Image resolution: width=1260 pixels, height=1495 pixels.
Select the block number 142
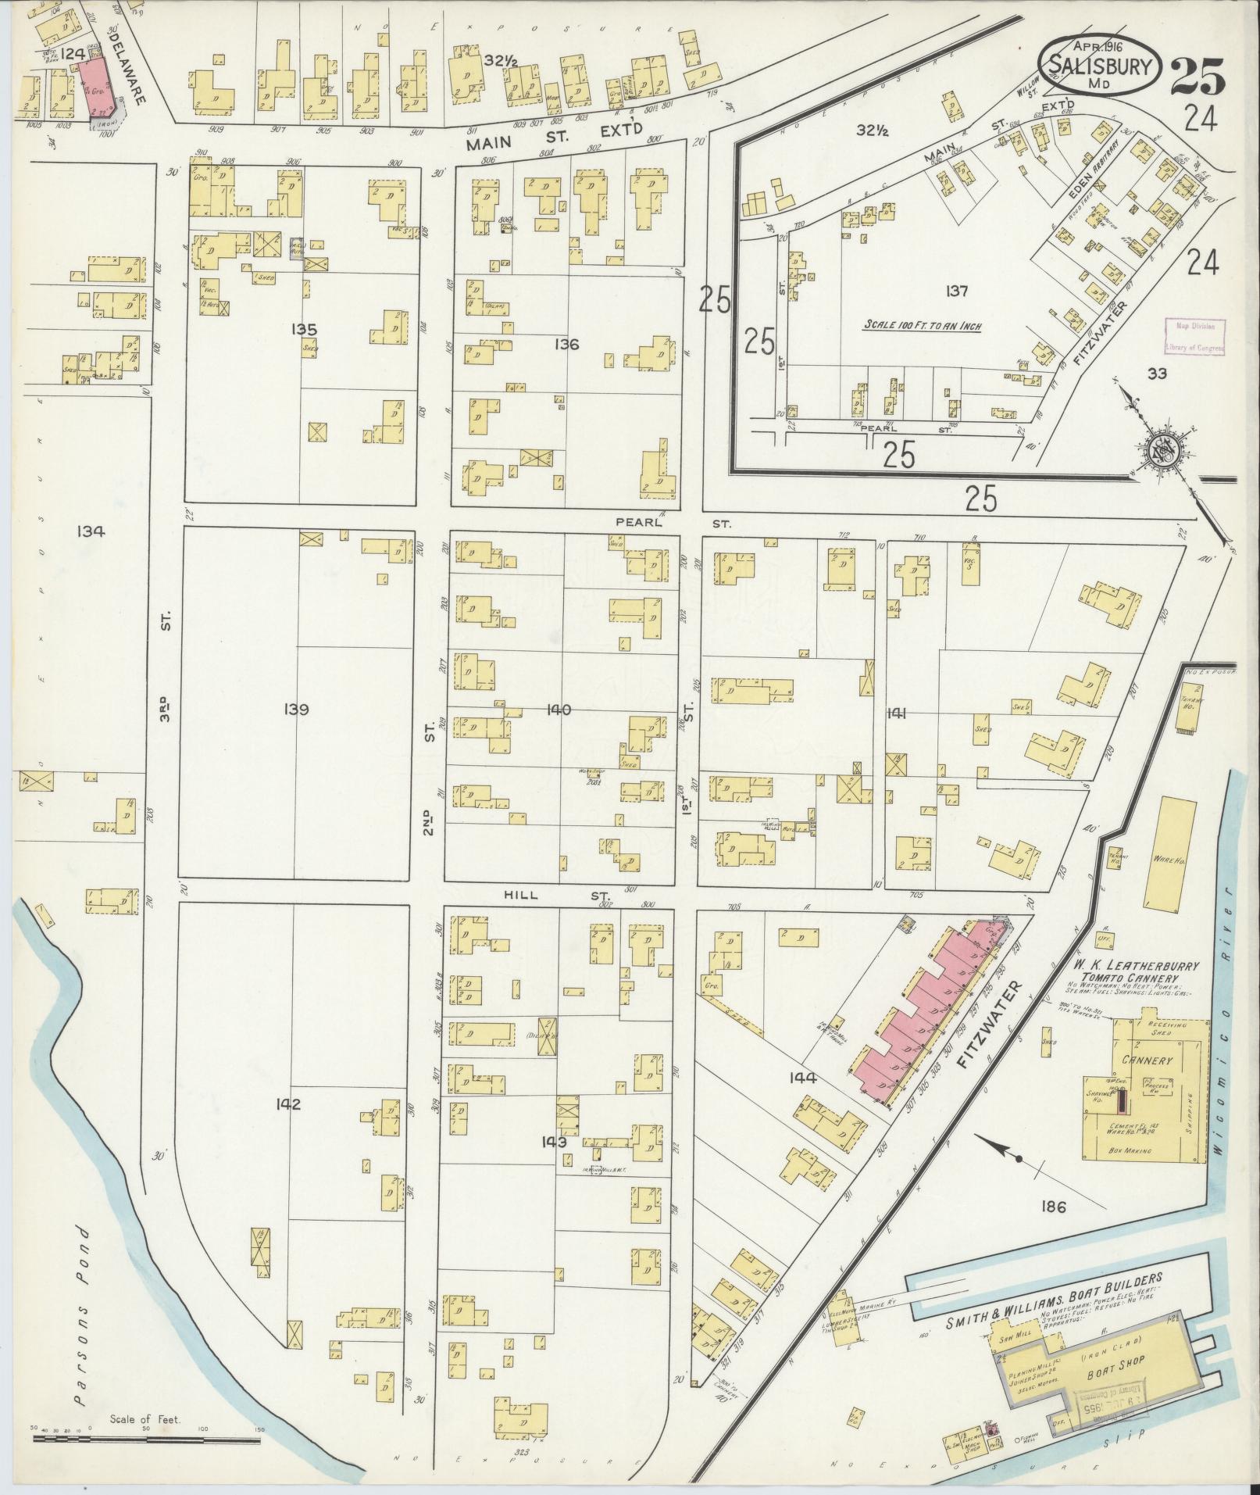(288, 1104)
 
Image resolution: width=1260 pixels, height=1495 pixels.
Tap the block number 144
(802, 1078)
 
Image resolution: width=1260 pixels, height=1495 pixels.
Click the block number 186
(1053, 1229)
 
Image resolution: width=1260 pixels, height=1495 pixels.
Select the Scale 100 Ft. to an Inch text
(922, 326)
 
